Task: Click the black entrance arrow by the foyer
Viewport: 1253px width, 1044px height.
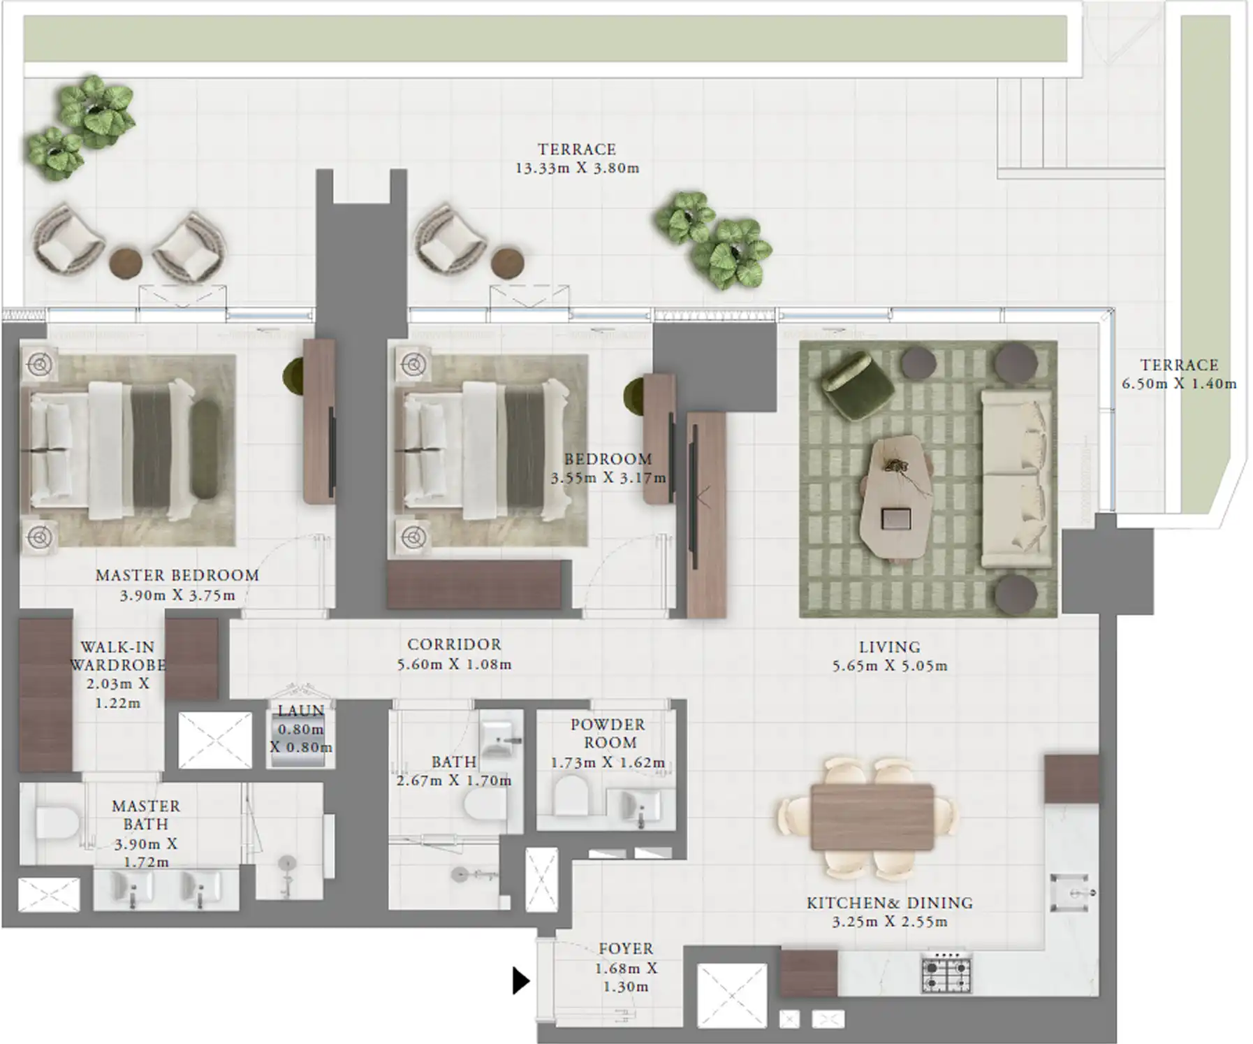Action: (520, 980)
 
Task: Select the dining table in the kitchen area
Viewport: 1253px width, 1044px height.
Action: (872, 817)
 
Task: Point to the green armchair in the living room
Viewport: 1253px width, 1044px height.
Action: (857, 385)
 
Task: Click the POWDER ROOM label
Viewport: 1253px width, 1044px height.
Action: (608, 733)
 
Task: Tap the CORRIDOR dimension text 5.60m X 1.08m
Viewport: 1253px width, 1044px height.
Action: (454, 665)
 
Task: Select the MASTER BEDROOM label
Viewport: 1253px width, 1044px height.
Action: (177, 575)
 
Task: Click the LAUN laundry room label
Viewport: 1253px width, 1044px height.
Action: (301, 711)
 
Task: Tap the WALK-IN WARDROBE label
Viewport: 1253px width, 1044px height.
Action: (117, 655)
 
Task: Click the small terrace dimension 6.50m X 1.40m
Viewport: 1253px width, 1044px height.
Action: (1179, 384)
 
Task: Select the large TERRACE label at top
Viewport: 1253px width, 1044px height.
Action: (577, 150)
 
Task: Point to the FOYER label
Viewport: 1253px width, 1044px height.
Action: (626, 949)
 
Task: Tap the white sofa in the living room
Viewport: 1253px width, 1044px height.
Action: (1016, 478)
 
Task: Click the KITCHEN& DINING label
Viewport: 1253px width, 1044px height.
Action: (889, 903)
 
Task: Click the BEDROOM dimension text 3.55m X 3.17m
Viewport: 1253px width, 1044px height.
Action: (608, 478)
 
